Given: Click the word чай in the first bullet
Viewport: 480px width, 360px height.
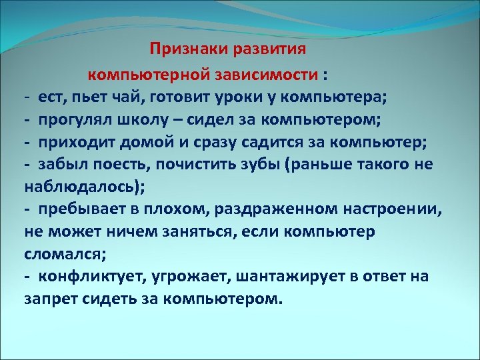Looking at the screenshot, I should pos(130,97).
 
